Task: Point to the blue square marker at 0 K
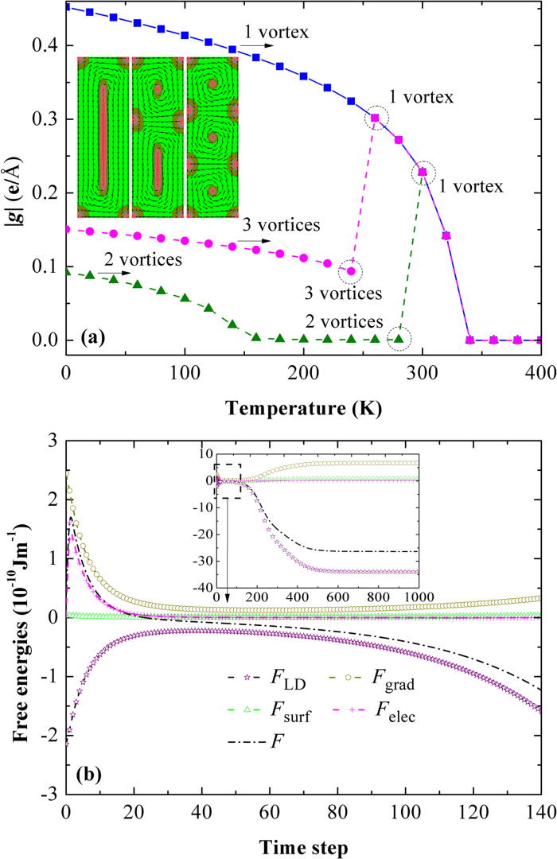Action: pos(67,7)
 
